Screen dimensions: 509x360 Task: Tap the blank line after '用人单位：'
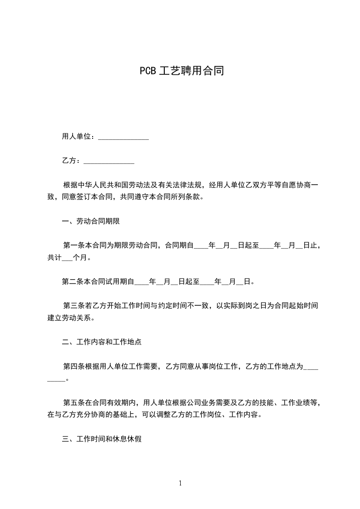pos(123,137)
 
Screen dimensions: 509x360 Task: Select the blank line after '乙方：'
pos(109,161)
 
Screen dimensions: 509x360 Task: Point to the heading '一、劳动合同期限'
pos(90,221)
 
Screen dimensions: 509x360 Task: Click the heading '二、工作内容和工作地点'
pos(101,342)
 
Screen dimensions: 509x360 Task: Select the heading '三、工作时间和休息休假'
pos(101,439)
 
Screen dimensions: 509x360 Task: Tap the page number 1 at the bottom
pos(180,483)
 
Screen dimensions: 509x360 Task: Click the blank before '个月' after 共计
pos(66,258)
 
